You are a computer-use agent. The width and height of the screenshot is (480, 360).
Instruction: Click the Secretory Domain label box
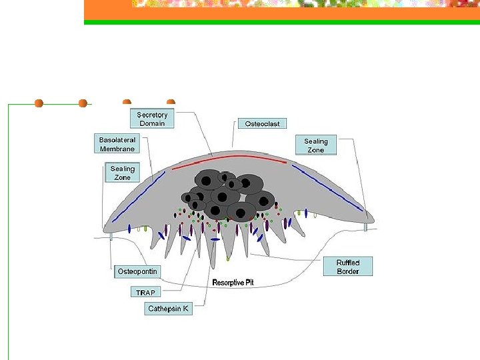click(152, 119)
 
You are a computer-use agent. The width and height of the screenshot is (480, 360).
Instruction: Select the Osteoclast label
click(262, 123)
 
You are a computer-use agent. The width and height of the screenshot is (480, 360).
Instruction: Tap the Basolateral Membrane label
click(117, 144)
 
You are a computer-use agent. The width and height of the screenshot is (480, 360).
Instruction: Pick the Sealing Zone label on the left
click(122, 173)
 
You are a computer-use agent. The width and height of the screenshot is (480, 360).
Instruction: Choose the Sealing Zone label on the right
click(315, 145)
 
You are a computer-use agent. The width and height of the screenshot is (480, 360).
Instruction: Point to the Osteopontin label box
click(137, 271)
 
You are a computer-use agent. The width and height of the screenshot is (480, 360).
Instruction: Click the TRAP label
click(145, 293)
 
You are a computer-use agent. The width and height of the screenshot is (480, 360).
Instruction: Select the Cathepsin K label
click(168, 309)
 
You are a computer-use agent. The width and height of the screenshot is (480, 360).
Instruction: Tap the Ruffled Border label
click(348, 267)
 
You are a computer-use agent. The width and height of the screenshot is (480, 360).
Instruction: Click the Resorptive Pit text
click(233, 283)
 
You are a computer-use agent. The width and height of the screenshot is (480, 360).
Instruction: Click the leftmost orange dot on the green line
click(39, 103)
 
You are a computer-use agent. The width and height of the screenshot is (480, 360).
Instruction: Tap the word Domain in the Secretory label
click(152, 123)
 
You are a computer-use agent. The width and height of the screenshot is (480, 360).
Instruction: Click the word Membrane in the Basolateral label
click(117, 149)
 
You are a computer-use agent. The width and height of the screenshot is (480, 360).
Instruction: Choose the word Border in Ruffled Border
click(348, 271)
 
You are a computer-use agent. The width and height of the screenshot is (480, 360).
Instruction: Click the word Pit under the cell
click(248, 283)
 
